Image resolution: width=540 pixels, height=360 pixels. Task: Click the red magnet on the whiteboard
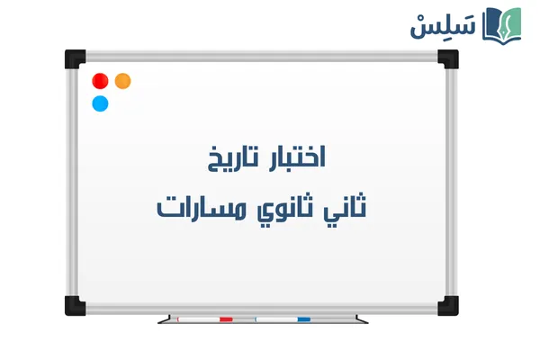coord(100,81)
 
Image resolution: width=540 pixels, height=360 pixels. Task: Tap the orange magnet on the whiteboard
coord(123,81)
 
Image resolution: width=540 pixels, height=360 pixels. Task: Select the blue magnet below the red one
coord(100,103)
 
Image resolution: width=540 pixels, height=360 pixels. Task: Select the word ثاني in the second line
coord(346,209)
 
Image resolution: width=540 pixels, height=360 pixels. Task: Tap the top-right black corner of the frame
coord(447,59)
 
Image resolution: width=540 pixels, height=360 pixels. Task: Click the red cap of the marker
coord(226,319)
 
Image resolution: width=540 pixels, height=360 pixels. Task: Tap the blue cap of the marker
coord(303,319)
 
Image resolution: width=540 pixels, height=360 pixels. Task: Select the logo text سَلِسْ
coord(444,25)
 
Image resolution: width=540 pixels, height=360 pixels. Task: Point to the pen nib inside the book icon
coord(505,22)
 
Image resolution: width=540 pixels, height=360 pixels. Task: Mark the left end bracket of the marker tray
coord(163,319)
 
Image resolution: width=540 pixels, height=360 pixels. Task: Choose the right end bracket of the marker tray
coord(361,319)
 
